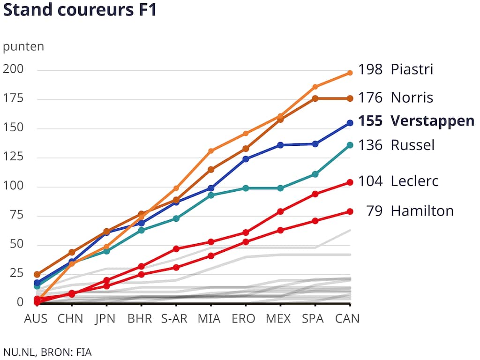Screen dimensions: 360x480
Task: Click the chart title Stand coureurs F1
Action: point(80,10)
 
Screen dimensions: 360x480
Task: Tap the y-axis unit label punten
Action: point(23,47)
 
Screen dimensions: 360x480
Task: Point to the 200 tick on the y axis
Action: point(13,70)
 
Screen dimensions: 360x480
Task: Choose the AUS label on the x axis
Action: point(36,319)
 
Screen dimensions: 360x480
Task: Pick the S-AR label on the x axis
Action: point(174,319)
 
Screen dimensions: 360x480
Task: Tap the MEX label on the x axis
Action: point(278,319)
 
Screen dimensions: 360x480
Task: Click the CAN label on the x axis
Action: point(347,319)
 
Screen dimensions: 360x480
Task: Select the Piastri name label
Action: point(412,70)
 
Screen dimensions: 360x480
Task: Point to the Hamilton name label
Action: point(422,211)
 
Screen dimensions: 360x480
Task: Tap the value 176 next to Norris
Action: point(370,98)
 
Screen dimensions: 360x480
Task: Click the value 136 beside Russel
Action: point(370,145)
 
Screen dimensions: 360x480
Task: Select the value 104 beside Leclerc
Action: point(370,181)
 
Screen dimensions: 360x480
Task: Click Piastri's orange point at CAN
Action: point(350,73)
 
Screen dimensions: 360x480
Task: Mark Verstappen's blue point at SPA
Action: point(315,144)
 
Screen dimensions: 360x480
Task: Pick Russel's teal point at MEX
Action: point(280,188)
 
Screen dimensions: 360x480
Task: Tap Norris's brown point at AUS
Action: point(37,274)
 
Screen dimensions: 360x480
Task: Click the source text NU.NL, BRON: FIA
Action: point(47,352)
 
